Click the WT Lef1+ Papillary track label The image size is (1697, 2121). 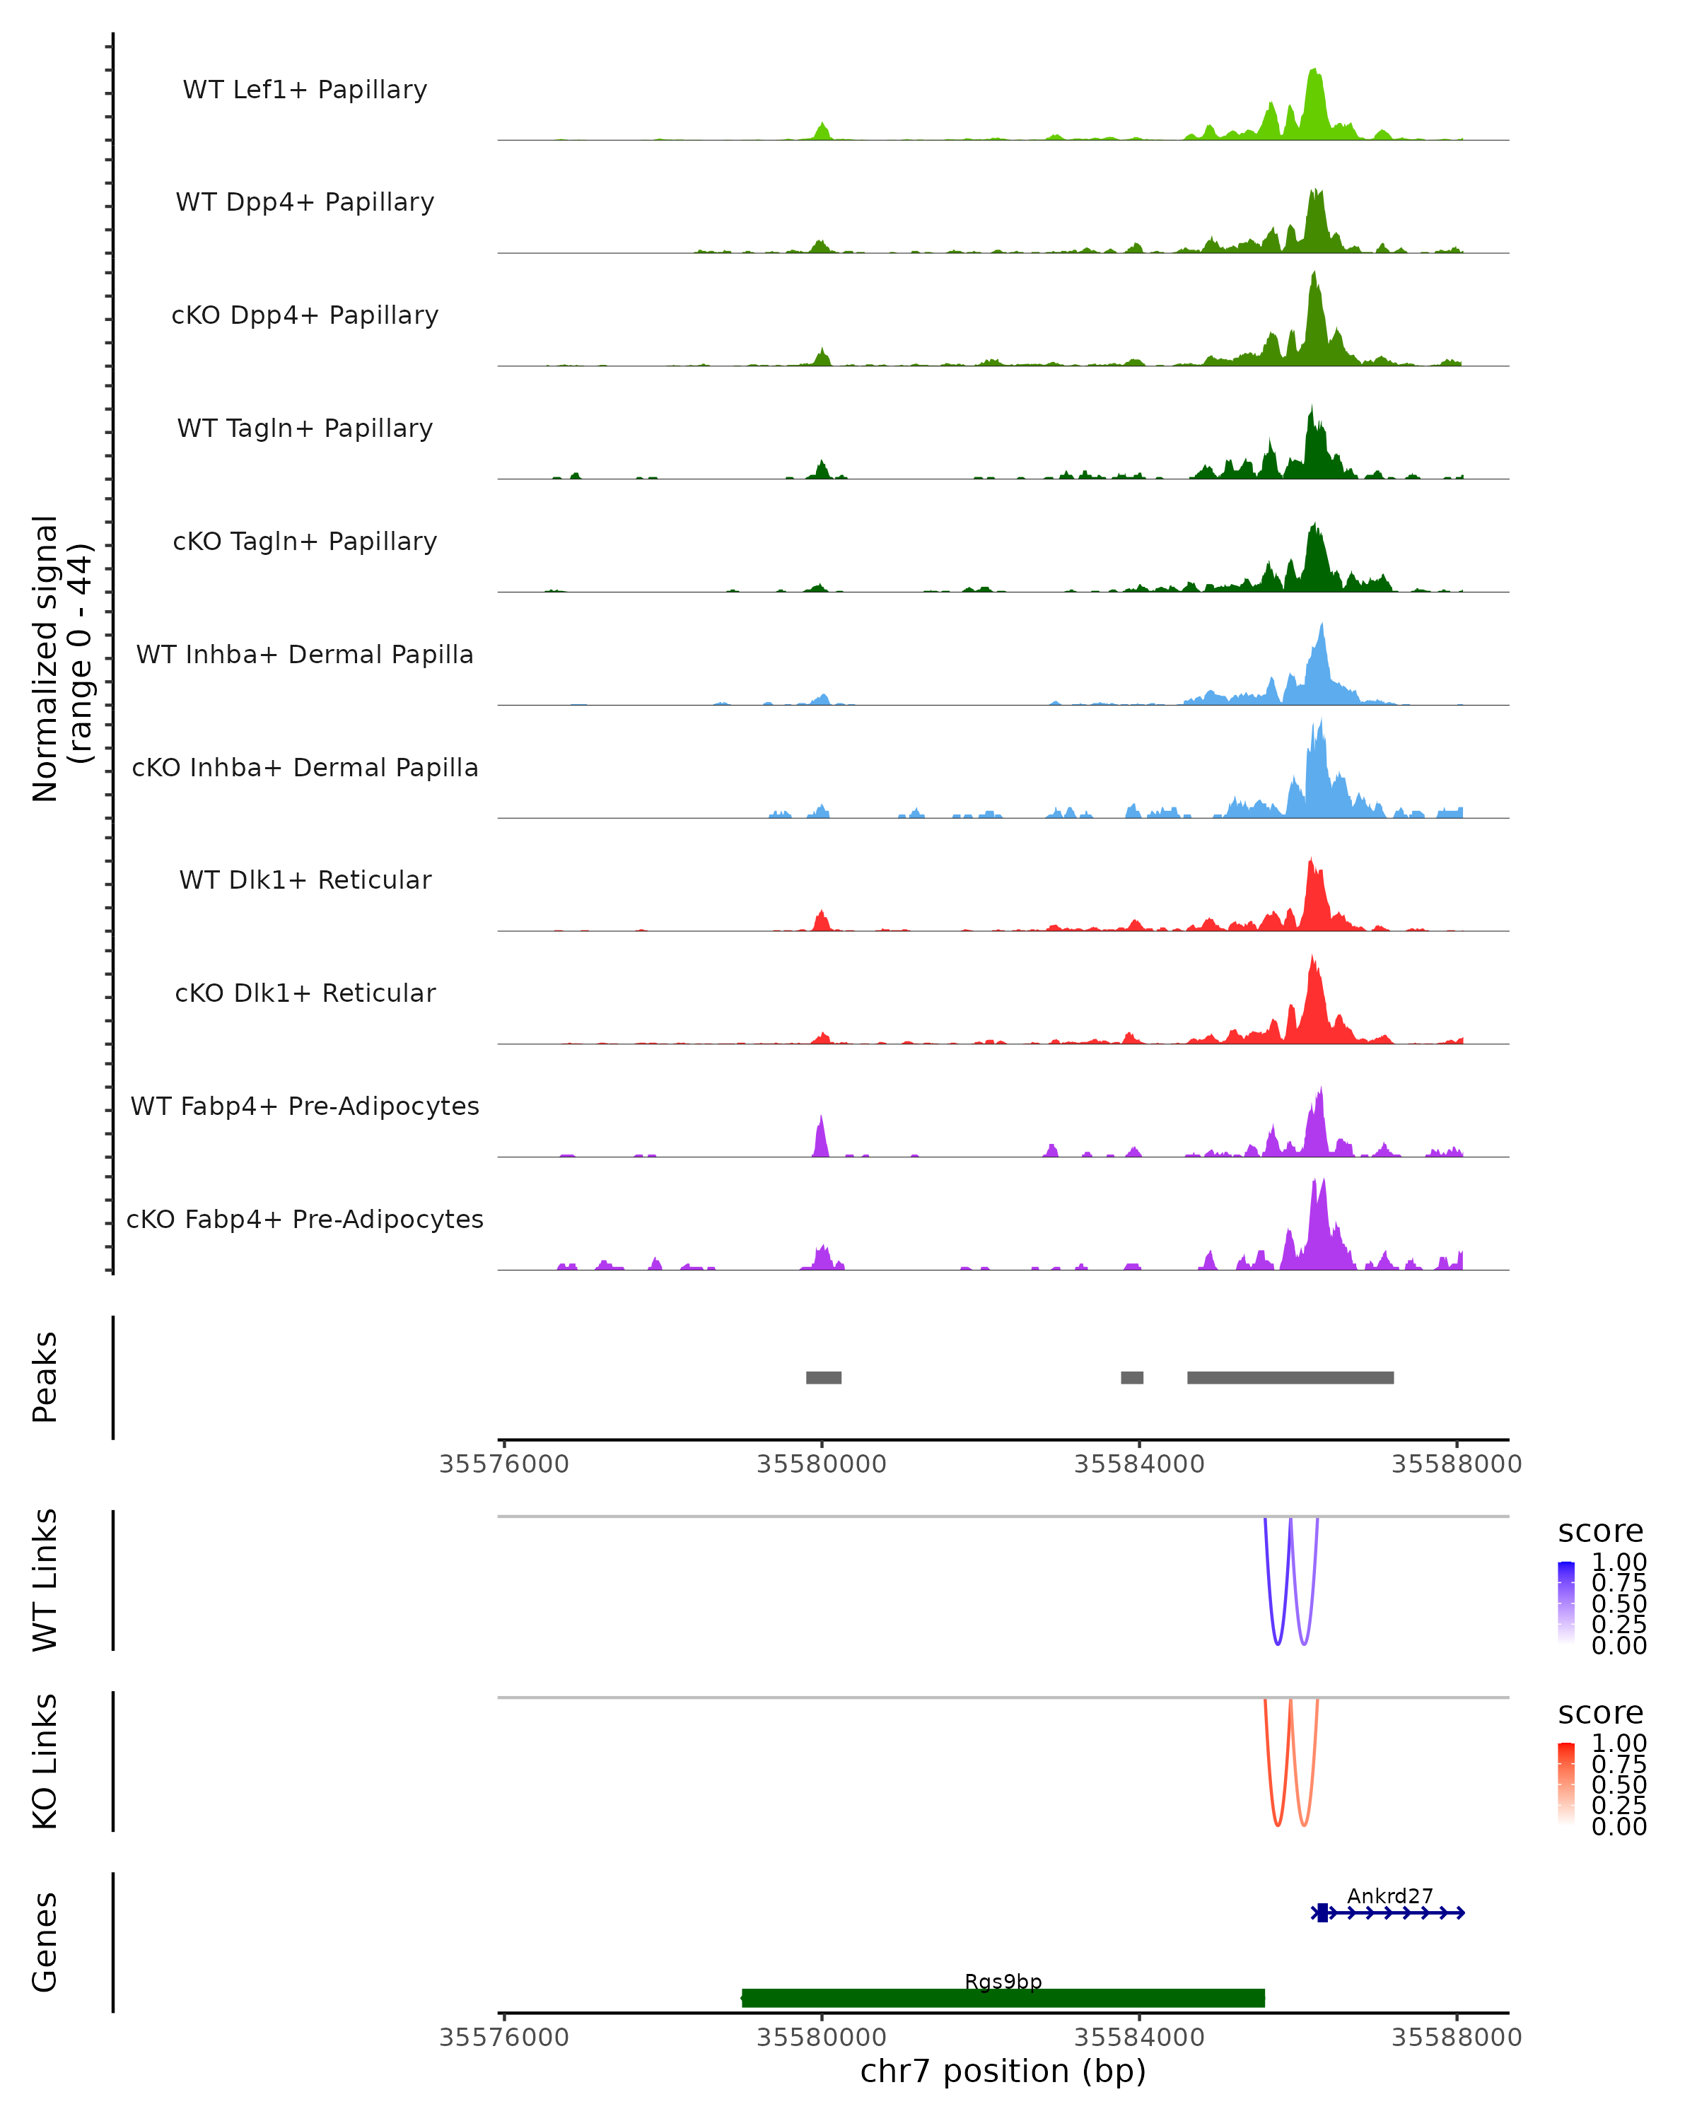[305, 90]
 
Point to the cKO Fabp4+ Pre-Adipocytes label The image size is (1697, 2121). [305, 1219]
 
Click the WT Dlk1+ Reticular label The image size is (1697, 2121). [305, 880]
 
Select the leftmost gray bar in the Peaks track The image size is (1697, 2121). [824, 1377]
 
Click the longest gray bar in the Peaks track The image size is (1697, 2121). [1290, 1377]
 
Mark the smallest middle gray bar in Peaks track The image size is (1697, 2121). [1131, 1377]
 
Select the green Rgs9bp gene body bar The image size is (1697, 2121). [1003, 1997]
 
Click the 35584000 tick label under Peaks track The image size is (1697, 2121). [1139, 1464]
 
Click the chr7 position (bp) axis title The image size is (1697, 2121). [1003, 2071]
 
